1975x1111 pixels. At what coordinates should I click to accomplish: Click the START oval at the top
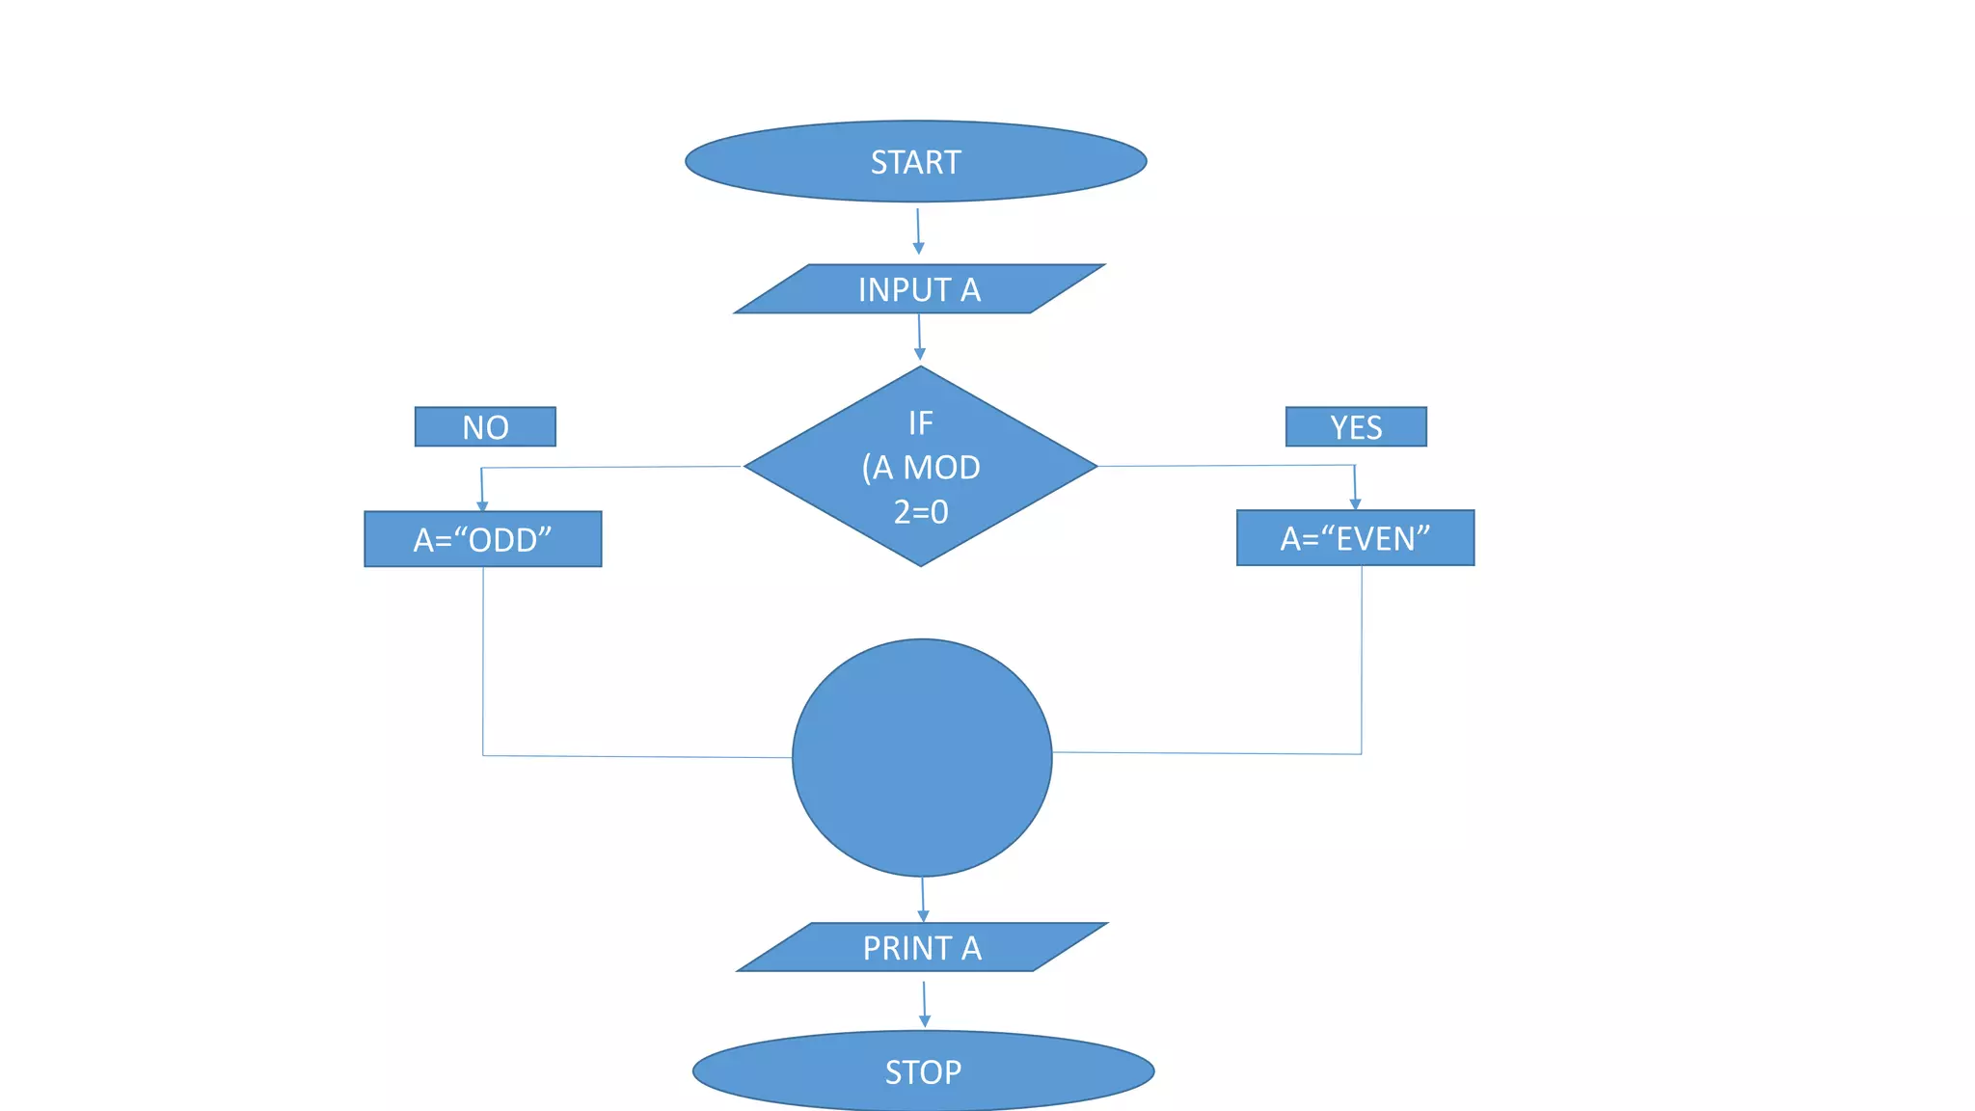point(915,161)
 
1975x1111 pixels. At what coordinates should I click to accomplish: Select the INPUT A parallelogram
point(919,289)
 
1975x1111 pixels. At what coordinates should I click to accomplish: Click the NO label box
point(485,426)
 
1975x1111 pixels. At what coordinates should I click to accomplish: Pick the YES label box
point(1356,426)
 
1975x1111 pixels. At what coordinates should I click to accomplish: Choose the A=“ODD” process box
point(482,539)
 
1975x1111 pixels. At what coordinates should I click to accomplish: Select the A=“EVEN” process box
point(1355,538)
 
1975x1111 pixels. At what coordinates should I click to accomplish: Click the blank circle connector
point(922,758)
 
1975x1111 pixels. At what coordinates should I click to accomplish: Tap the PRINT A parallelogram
point(922,948)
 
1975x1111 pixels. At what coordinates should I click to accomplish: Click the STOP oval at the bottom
point(923,1071)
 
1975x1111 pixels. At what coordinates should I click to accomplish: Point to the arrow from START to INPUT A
point(918,231)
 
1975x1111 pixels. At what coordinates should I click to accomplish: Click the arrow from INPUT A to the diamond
point(919,338)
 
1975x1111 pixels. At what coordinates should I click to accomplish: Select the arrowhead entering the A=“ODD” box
point(482,505)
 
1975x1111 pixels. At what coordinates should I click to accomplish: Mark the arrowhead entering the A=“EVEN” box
point(1355,503)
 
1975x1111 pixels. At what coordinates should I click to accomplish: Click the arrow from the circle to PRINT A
point(923,899)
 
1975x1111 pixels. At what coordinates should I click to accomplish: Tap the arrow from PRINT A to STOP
point(924,1004)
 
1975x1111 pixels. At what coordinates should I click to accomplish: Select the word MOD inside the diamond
point(941,468)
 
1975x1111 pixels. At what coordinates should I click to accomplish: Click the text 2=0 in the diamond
point(921,512)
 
